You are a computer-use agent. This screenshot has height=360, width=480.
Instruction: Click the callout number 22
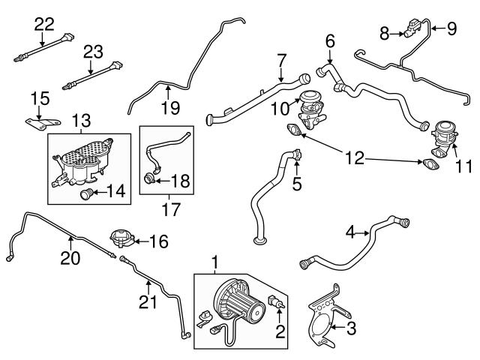[44, 23]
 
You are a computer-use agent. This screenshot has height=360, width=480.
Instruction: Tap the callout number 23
[92, 52]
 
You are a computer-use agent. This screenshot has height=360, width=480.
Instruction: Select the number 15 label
[38, 98]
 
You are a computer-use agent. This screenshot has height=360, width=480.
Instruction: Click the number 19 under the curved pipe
[170, 107]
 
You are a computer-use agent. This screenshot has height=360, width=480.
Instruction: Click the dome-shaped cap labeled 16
[120, 240]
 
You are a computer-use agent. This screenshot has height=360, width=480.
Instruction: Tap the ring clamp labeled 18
[151, 179]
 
